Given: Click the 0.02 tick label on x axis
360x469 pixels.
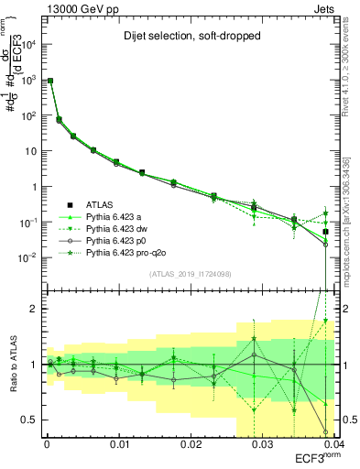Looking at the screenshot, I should (x=191, y=444).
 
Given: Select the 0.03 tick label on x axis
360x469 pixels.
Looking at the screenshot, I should (x=262, y=444).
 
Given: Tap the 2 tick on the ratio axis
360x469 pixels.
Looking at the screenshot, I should (x=35, y=309).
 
